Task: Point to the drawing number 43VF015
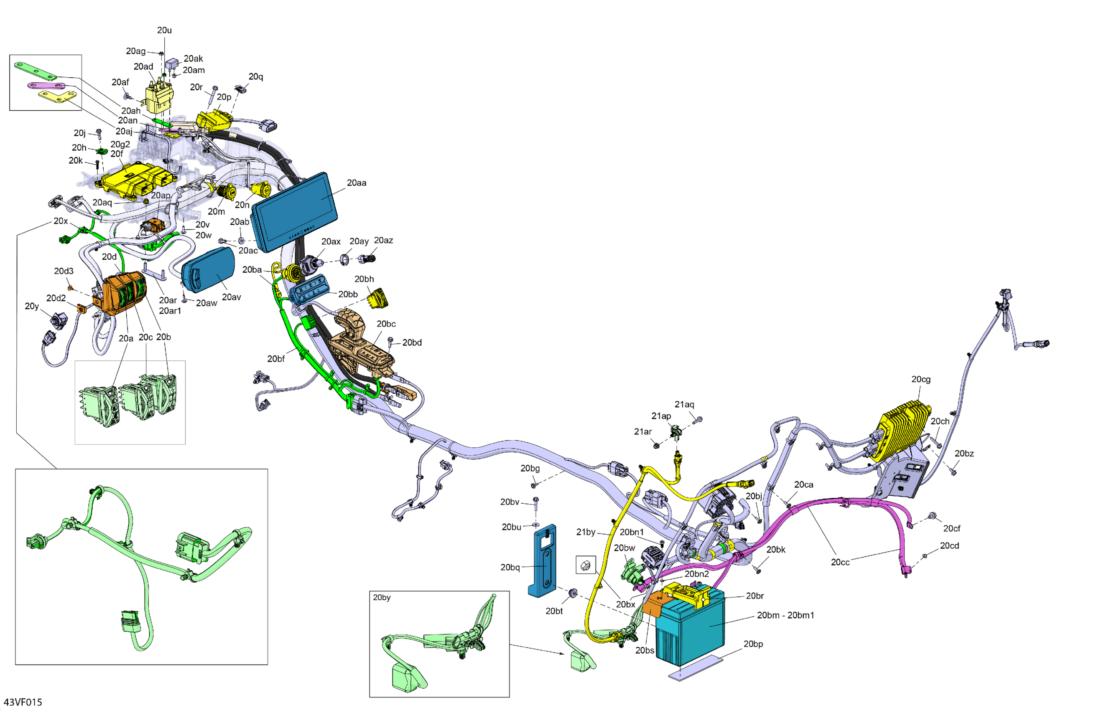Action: pyautogui.click(x=23, y=702)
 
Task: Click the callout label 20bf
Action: pyautogui.click(x=276, y=359)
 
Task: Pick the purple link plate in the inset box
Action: pyautogui.click(x=46, y=86)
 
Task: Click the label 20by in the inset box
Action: pyautogui.click(x=381, y=597)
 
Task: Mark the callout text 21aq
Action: pyautogui.click(x=684, y=404)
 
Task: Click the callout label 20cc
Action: pyautogui.click(x=839, y=562)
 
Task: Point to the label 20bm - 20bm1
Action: pyautogui.click(x=785, y=615)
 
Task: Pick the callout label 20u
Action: pyautogui.click(x=164, y=30)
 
